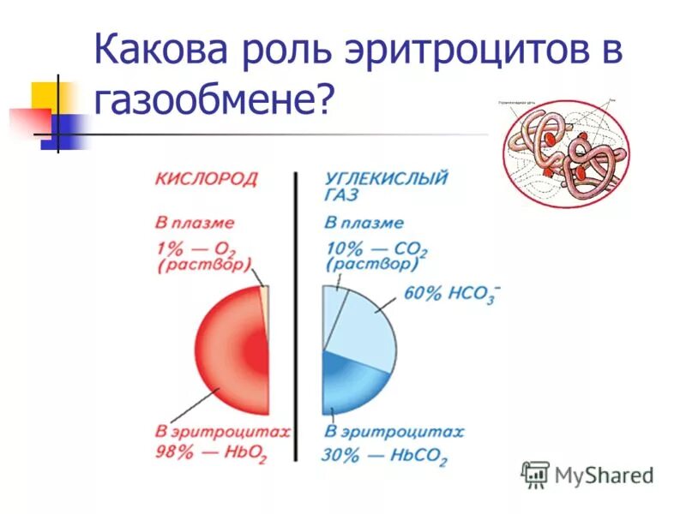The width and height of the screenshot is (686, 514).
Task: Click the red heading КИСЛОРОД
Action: [206, 179]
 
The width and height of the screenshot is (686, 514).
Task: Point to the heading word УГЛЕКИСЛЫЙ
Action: [387, 179]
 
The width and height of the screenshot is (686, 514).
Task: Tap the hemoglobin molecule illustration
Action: [564, 155]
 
